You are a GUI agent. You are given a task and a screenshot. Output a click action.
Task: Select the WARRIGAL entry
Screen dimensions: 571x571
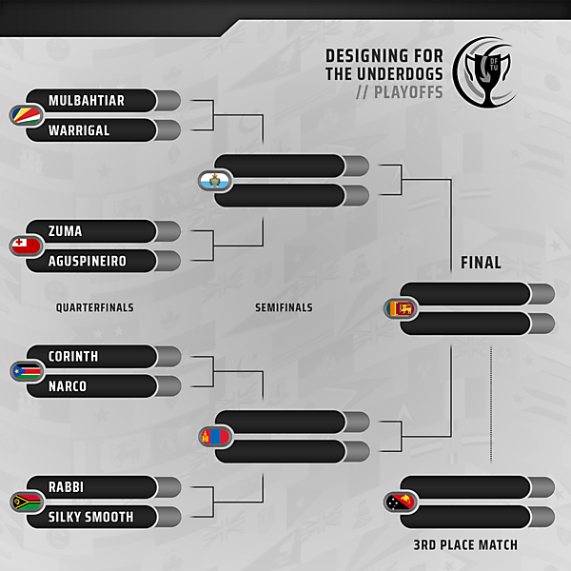79,130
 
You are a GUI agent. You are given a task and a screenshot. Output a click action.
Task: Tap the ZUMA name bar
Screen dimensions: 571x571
66,231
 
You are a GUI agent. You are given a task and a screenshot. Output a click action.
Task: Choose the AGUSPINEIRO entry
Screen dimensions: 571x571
88,261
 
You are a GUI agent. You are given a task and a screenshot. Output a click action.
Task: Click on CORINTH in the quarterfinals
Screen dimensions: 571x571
73,356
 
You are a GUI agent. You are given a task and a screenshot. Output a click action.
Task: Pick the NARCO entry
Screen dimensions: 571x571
68,386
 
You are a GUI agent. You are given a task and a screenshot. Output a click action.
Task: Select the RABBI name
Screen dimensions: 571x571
67,486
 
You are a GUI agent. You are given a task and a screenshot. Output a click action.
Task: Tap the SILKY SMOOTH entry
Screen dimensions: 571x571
91,517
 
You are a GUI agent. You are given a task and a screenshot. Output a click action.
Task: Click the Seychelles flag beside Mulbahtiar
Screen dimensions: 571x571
23,115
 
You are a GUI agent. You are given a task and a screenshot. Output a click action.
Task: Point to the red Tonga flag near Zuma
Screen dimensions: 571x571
23,246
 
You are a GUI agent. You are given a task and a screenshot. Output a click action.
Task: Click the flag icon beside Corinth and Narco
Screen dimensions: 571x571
23,371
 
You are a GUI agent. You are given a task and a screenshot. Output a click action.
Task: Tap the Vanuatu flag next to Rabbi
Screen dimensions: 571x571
23,502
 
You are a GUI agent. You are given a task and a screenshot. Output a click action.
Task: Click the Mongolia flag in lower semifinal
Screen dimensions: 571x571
211,437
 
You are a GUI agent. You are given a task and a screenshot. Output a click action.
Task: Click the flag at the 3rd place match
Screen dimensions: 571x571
398,502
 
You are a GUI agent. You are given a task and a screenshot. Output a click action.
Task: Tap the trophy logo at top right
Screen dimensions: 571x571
485,71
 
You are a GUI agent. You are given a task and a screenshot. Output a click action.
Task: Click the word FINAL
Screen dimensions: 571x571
481,263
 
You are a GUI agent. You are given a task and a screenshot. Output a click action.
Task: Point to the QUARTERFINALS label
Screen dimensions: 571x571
94,307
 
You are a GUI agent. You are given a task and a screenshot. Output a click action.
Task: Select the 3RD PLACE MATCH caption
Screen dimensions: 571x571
465,545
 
